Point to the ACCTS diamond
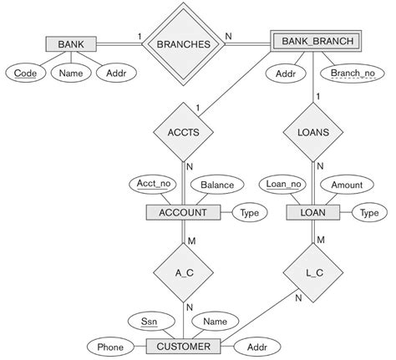pos(183,131)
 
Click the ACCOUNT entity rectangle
pos(183,213)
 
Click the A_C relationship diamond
pos(183,271)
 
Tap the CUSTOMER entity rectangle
pos(183,345)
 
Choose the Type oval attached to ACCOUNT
pos(248,213)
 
